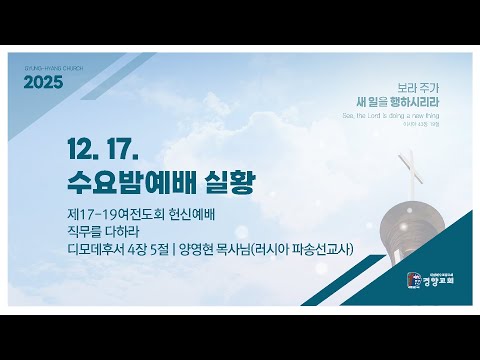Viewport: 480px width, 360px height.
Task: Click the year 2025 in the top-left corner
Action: tap(42, 82)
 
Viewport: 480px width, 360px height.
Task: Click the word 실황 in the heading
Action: tap(228, 183)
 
